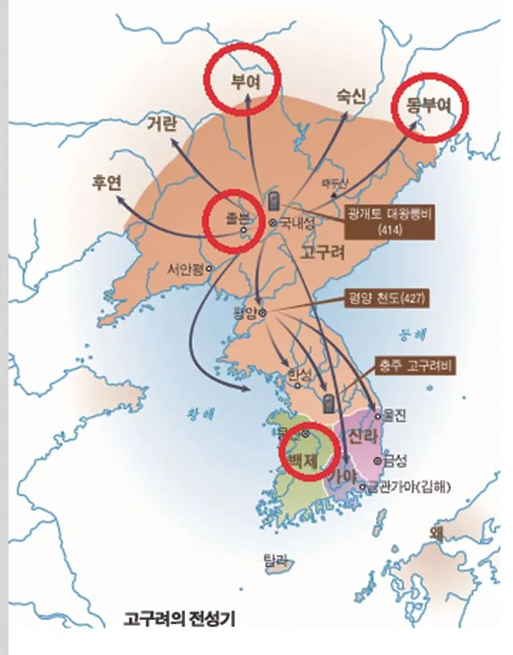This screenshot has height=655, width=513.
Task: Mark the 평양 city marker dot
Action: click(x=262, y=312)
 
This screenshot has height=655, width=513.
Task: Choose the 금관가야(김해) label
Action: click(x=413, y=487)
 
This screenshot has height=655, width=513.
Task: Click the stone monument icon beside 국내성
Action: click(x=271, y=201)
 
